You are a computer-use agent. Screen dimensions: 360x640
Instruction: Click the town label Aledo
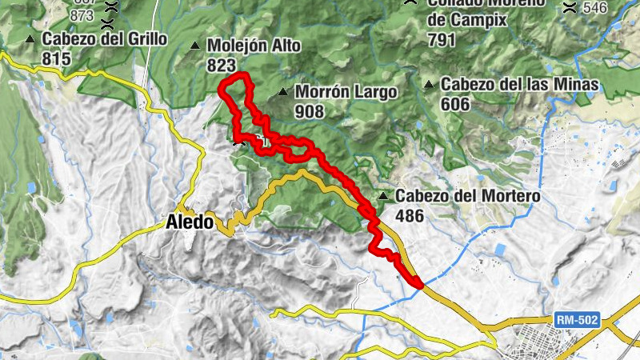pos(190,222)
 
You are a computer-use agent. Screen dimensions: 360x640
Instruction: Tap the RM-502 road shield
pos(576,320)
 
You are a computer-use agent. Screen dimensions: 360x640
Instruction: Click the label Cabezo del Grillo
pos(104,39)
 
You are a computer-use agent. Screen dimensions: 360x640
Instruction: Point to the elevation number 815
pos(57,58)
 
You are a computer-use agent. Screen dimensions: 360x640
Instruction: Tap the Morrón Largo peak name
pos(346,92)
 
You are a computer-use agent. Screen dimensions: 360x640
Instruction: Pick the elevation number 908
pos(310,111)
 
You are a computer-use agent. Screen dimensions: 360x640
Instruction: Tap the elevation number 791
pos(442,40)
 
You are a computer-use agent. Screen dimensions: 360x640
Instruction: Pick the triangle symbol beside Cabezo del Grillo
pos(30,39)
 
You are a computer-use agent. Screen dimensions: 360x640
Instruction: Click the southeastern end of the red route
pos(418,282)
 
